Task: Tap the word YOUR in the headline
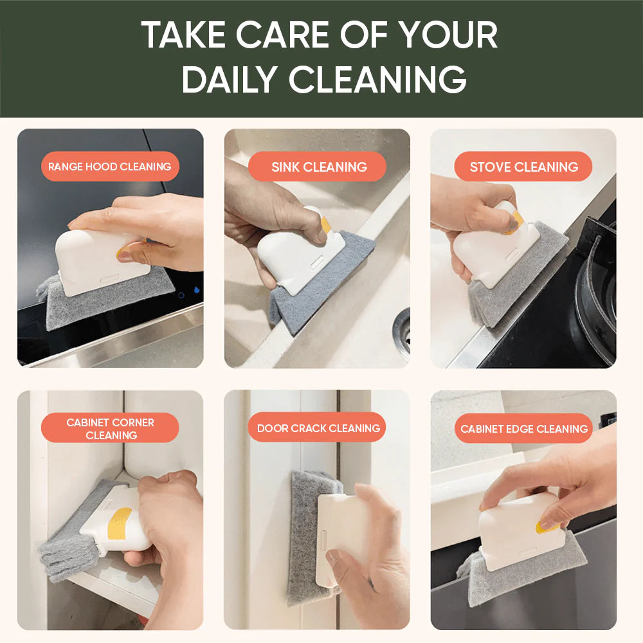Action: click(x=448, y=35)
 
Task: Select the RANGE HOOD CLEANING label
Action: click(x=110, y=167)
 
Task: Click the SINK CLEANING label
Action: click(x=317, y=167)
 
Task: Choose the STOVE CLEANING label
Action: click(x=523, y=167)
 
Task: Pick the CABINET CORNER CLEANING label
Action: click(x=110, y=428)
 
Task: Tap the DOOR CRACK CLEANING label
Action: click(x=317, y=428)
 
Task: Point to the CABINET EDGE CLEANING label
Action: click(x=523, y=428)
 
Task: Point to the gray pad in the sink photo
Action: click(x=320, y=283)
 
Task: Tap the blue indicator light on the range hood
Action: click(x=196, y=290)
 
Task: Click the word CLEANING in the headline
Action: click(x=377, y=78)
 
